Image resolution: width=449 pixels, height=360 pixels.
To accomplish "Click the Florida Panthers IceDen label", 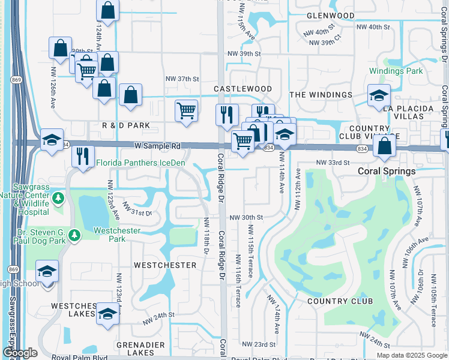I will click(x=140, y=163).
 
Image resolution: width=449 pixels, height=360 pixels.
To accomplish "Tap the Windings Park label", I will click(x=396, y=71).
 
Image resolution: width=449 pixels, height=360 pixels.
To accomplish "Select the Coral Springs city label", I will click(x=387, y=171).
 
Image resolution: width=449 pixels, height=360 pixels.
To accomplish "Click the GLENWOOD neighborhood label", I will click(x=330, y=15).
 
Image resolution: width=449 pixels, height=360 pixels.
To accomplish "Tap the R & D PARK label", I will click(x=125, y=125).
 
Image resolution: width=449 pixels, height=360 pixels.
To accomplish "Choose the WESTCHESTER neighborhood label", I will click(x=165, y=265).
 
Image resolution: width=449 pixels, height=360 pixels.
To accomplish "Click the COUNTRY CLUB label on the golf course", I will click(x=340, y=301).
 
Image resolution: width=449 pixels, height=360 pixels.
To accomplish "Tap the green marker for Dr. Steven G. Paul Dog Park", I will click(x=74, y=235).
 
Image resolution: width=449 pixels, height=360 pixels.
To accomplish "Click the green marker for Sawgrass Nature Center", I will click(x=58, y=197).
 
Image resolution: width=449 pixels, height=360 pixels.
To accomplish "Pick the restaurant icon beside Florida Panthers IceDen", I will click(x=82, y=155).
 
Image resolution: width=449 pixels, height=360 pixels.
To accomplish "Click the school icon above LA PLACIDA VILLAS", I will click(x=379, y=95).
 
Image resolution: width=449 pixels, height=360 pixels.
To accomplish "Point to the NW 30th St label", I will click(x=246, y=217).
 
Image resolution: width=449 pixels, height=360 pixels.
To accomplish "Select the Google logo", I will click(x=19, y=353).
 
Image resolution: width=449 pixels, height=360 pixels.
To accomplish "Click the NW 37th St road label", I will click(x=182, y=79).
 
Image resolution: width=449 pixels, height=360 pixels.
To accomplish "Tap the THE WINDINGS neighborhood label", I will click(x=321, y=95).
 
